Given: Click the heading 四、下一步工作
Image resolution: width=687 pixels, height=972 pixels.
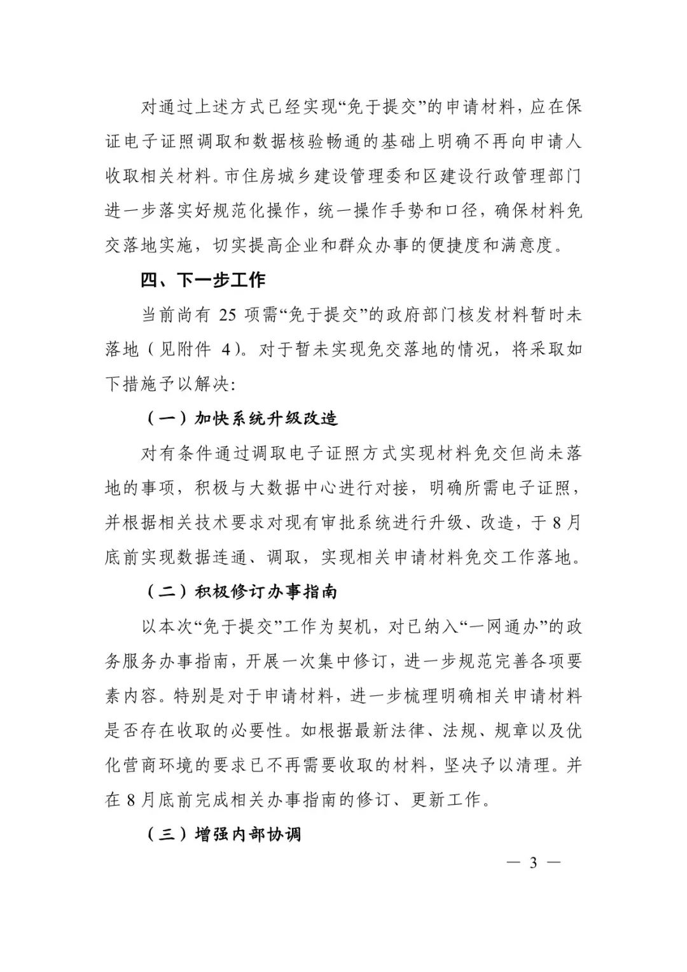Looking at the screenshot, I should coord(203,279).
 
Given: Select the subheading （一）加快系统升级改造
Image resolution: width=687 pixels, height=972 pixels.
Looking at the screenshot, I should coord(242,418).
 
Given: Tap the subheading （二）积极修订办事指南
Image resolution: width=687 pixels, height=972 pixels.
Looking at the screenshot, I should coord(242,592).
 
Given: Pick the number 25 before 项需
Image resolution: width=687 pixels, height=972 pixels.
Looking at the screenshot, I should coord(227,314).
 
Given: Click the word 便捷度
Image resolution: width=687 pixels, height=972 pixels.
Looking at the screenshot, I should coord(441,245).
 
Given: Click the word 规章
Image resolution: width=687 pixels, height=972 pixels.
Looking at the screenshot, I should coord(512,731).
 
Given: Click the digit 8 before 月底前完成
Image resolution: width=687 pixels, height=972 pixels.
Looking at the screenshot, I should coord(130,800).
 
